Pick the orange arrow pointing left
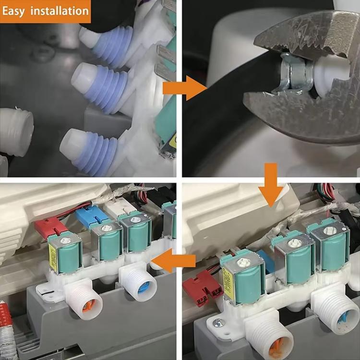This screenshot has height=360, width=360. tap(173, 261)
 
